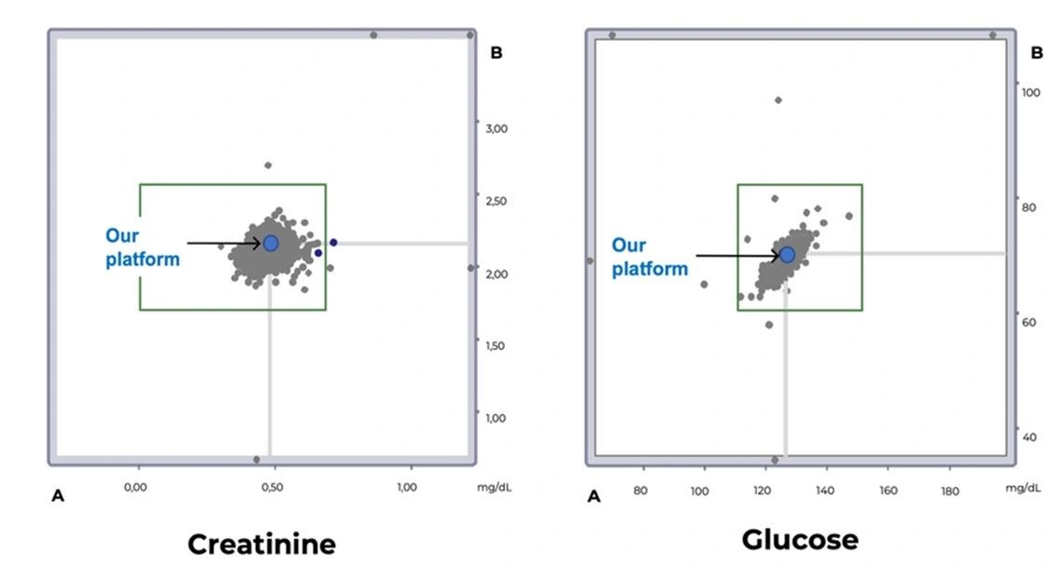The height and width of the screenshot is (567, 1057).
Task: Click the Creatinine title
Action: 262,544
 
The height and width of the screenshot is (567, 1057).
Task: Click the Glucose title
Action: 800,539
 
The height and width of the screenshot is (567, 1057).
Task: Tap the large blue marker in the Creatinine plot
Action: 271,243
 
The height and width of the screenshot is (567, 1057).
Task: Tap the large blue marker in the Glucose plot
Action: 787,254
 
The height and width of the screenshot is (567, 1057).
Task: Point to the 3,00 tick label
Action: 497,128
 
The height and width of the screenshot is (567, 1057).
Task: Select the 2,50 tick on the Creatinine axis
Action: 497,201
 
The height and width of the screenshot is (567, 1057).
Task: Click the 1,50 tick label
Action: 497,345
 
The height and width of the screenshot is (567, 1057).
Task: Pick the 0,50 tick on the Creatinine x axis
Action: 273,488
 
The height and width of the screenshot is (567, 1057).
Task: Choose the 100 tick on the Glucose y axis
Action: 1031,92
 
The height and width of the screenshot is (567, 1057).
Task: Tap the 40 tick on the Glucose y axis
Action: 1029,437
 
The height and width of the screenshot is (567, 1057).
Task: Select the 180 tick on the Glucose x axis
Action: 950,491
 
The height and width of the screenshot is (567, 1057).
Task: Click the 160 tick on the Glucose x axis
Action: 888,491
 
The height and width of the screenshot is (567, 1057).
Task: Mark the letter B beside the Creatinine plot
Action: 496,53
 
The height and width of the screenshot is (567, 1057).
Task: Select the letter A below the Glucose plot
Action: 594,497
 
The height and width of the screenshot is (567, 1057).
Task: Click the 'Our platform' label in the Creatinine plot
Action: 142,248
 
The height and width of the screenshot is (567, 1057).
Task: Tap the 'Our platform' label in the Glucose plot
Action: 649,257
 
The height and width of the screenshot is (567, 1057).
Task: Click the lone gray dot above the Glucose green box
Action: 779,100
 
